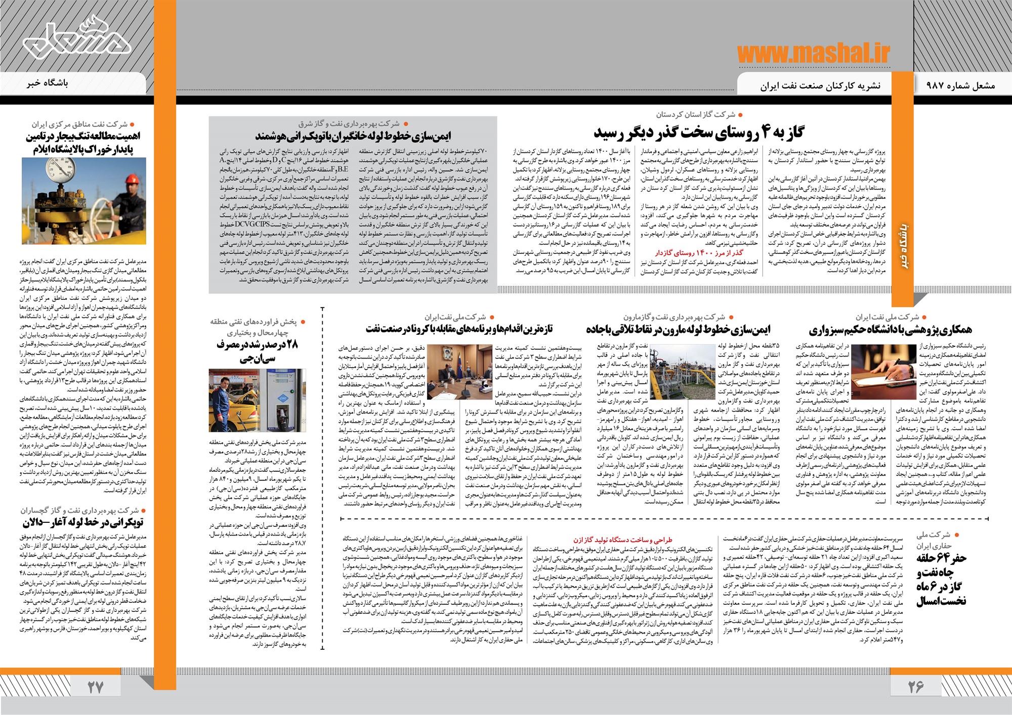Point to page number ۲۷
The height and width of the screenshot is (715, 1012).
click(95, 687)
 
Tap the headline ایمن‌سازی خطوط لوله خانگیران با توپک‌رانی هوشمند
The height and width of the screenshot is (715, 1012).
click(353, 136)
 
